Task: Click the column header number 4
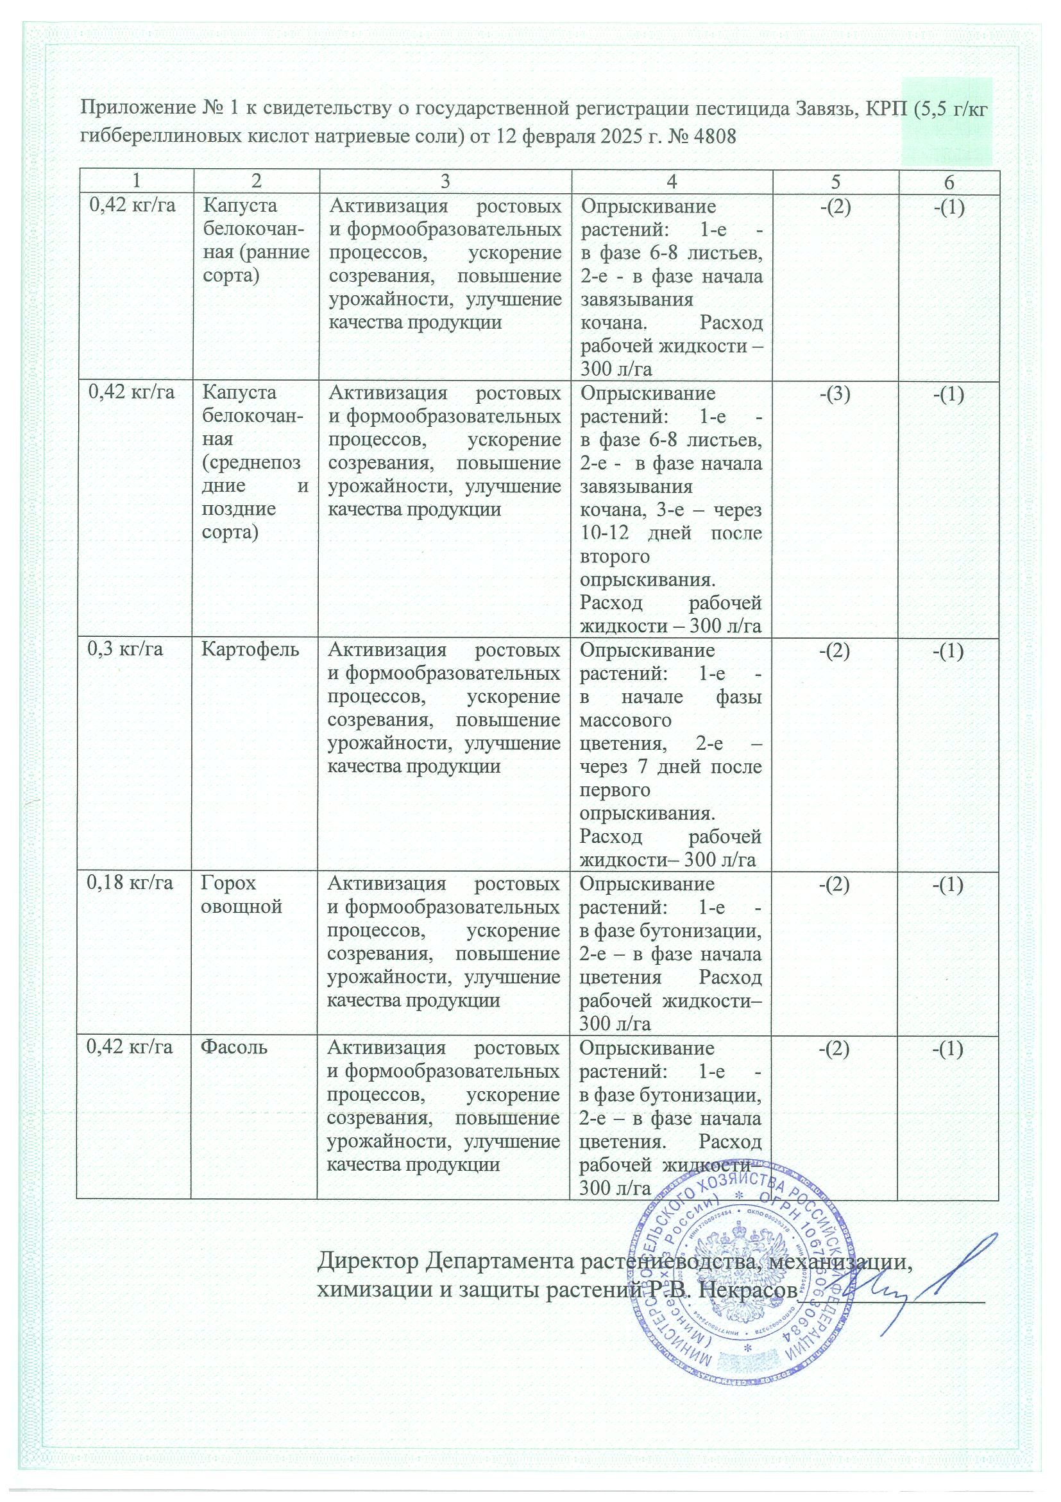tap(672, 182)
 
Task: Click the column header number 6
tap(949, 182)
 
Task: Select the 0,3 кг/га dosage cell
tap(126, 650)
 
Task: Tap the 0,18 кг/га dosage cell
tap(132, 883)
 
